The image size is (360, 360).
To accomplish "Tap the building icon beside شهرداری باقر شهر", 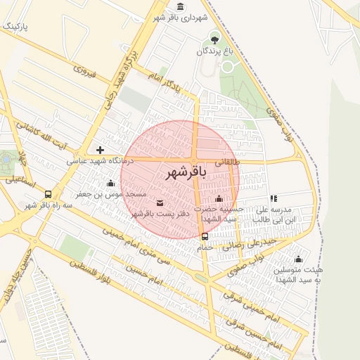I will point(181,7).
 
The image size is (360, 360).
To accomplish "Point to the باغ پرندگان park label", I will point(214,51).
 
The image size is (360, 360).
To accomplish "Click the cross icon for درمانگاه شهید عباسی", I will point(101,150).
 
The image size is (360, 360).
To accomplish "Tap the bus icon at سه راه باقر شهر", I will point(48,194).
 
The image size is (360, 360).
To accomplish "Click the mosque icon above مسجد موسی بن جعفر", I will point(110,183).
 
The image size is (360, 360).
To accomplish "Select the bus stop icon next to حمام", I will point(205,236).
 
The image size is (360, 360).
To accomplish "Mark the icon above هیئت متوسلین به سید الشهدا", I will point(298,259).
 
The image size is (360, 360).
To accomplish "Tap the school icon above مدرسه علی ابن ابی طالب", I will point(274,199).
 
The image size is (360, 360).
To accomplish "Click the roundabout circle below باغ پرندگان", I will point(227,67).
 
